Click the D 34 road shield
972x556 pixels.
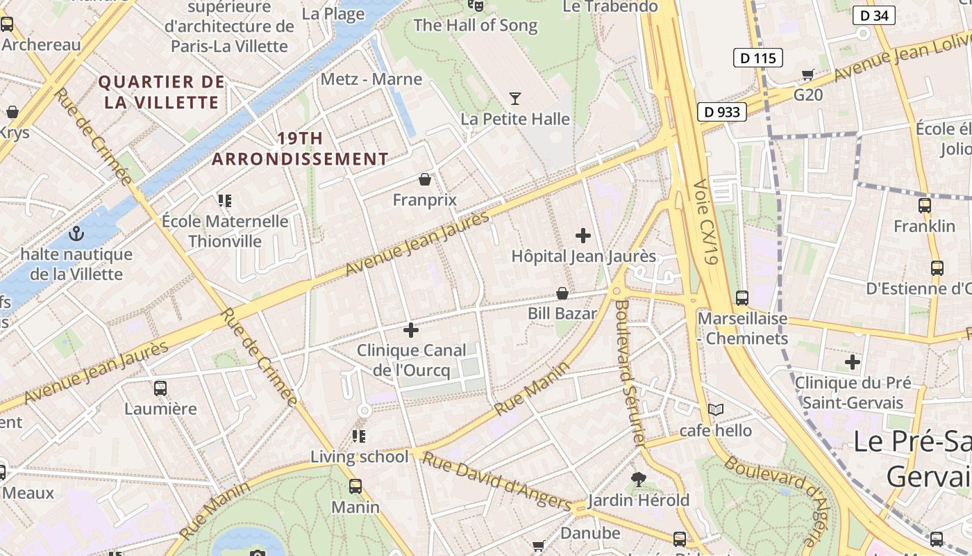click(x=874, y=15)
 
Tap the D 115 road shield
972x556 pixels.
click(x=757, y=58)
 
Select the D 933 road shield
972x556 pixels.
click(x=722, y=111)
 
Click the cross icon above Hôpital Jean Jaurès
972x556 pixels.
click(x=583, y=236)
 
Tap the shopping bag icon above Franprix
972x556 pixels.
click(x=425, y=180)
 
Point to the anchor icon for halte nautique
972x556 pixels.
click(x=76, y=234)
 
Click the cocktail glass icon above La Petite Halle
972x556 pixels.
click(x=515, y=99)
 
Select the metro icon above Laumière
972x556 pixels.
click(x=160, y=388)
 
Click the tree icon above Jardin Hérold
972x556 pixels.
click(x=638, y=480)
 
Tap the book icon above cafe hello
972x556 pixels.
click(x=715, y=410)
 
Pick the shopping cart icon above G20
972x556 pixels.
click(x=807, y=74)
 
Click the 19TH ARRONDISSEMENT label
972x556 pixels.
click(x=300, y=149)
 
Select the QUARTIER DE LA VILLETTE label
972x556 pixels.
click(x=162, y=92)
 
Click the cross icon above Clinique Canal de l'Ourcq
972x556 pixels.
click(x=411, y=329)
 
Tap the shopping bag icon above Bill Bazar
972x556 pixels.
click(x=562, y=294)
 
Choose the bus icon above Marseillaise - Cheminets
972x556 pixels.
click(x=742, y=298)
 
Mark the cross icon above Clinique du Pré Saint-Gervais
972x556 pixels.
click(x=853, y=362)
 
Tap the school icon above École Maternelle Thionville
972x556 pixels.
click(x=224, y=201)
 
